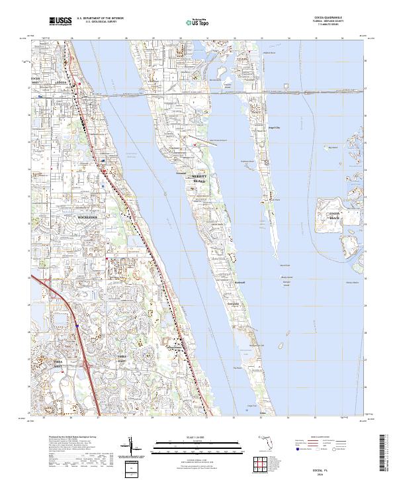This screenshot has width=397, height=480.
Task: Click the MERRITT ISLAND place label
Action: (199, 179)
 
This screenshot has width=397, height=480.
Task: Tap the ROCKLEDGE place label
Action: (87, 216)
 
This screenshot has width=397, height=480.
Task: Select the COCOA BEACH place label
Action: (334, 215)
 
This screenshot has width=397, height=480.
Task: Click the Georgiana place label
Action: (232, 305)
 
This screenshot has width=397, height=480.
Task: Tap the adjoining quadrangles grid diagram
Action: (261, 463)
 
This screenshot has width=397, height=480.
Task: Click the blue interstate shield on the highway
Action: (77, 326)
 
